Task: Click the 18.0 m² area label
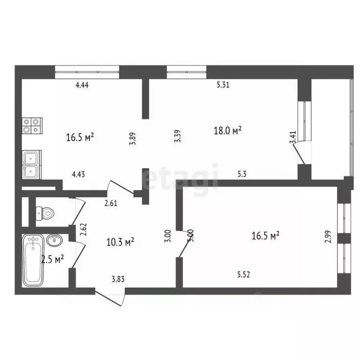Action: coord(227,131)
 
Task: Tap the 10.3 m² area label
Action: coord(121,242)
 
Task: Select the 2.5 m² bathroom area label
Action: coord(52,259)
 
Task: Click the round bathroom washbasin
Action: coord(55,240)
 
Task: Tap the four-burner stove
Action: coord(32,125)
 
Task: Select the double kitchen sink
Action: coord(31,165)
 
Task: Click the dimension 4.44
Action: coord(82,85)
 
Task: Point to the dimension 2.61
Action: coord(111,203)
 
